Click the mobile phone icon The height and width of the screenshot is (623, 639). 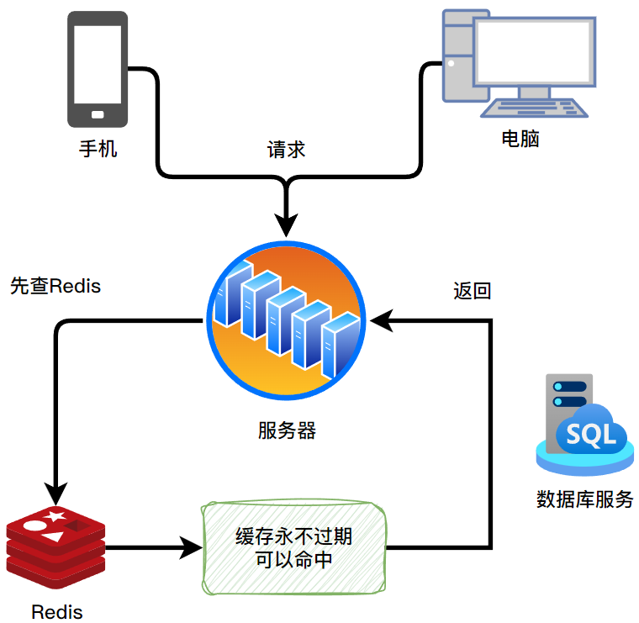point(97,68)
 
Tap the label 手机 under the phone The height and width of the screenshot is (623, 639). point(98,150)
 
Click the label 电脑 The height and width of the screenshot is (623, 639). point(520,139)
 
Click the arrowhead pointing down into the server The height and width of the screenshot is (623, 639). point(287,224)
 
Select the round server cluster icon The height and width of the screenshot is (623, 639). point(286,320)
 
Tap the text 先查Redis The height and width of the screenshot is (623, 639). point(55,286)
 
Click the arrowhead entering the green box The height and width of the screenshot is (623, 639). point(193,548)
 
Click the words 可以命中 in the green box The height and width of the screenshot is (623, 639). point(293,561)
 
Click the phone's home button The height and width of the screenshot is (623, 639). point(97,114)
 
